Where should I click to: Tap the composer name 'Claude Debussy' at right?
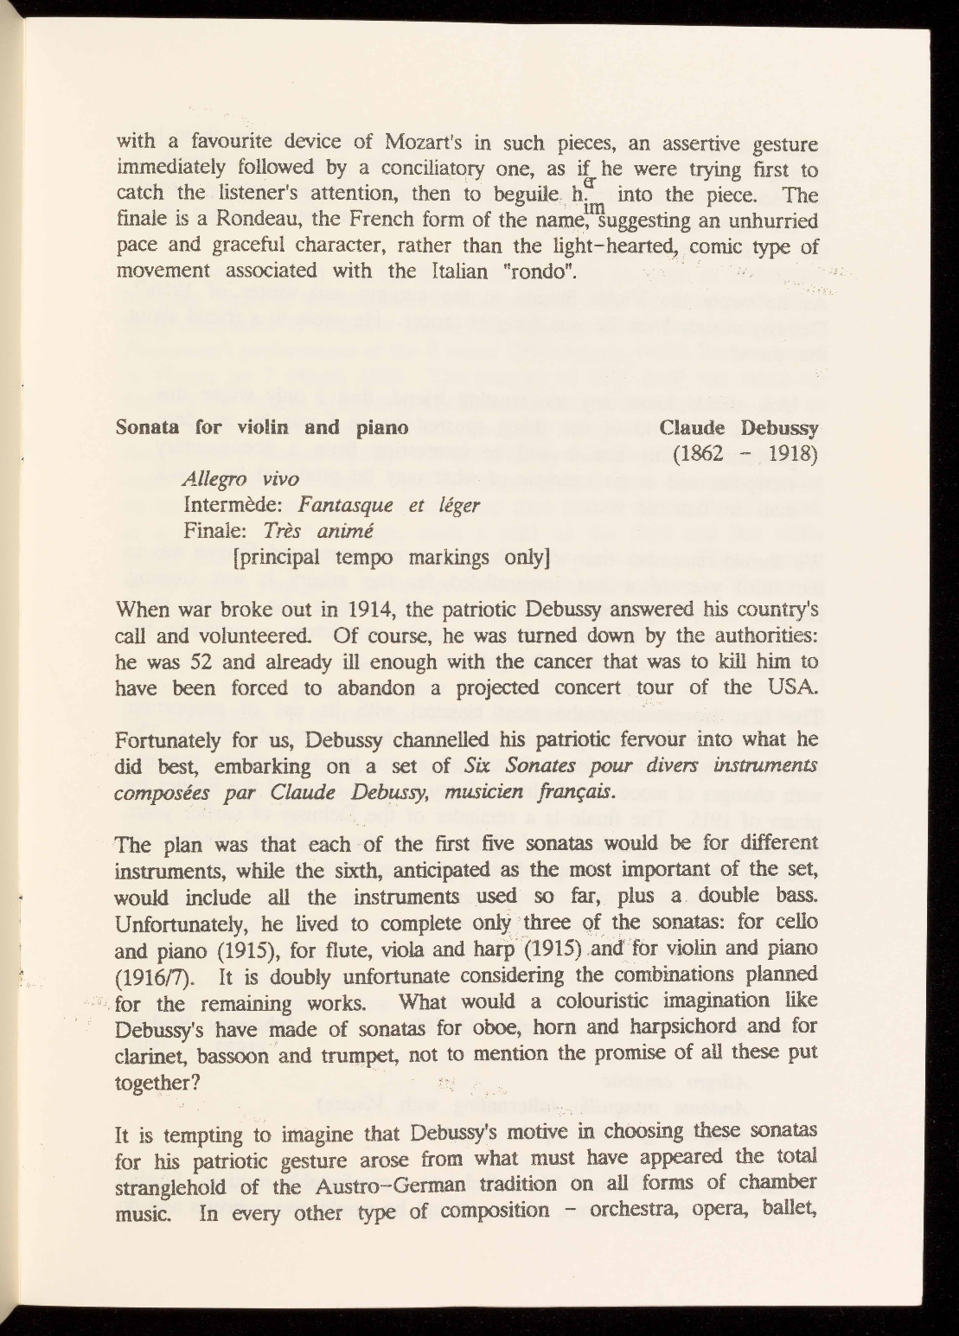738,426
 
